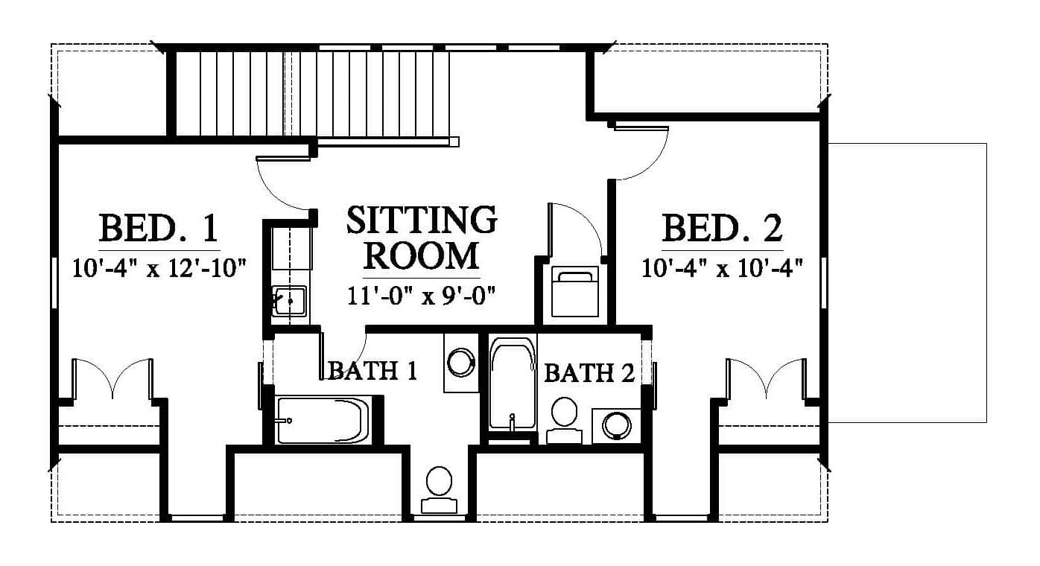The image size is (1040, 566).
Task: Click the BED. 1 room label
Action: [x=159, y=228]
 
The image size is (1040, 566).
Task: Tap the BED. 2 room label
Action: [x=722, y=228]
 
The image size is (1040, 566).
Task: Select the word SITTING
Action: [x=422, y=220]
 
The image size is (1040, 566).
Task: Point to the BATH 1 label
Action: [x=372, y=371]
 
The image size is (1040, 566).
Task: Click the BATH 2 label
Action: [x=589, y=373]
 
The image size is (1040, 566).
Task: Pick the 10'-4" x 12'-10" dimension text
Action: [x=159, y=268]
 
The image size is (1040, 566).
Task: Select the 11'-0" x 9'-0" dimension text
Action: [x=422, y=296]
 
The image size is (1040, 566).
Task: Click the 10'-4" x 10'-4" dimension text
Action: [x=722, y=268]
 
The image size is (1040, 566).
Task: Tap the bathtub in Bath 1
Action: [x=323, y=420]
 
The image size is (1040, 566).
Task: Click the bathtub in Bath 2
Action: [x=513, y=384]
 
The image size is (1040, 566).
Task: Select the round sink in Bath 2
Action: [x=617, y=425]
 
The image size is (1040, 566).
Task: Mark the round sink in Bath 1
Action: [x=461, y=362]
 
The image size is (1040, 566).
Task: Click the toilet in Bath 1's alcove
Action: [x=439, y=490]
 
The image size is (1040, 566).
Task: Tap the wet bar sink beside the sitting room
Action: [x=289, y=302]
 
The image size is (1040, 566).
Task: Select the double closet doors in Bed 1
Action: [x=112, y=379]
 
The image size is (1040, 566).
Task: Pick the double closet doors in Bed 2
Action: [x=766, y=379]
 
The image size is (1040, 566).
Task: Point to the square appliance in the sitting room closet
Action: [x=575, y=292]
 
